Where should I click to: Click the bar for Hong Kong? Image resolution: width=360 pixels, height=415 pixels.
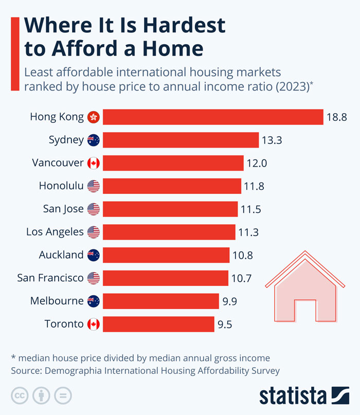pos(213,117)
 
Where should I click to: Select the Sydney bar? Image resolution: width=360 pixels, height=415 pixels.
pos(181,140)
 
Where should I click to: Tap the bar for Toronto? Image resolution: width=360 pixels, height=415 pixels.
pos(158,324)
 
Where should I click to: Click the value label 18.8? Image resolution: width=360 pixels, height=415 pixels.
pos(336,117)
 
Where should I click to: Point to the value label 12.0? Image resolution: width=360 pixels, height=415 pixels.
pos(257,163)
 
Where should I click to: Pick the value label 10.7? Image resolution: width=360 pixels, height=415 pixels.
pos(241,278)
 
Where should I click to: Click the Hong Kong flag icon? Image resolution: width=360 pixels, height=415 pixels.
pos(93,117)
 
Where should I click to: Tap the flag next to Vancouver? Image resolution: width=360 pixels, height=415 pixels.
pos(93,163)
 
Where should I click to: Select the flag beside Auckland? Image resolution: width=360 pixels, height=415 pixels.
pos(93,255)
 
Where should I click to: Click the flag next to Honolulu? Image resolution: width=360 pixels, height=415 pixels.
pos(93,186)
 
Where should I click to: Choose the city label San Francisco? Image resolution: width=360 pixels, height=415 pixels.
pos(50,278)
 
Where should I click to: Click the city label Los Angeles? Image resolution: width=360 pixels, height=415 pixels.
pos(55,232)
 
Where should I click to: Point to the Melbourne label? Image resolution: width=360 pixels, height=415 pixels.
pos(57,301)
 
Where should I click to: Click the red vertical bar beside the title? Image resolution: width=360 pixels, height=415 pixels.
pos(15,46)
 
